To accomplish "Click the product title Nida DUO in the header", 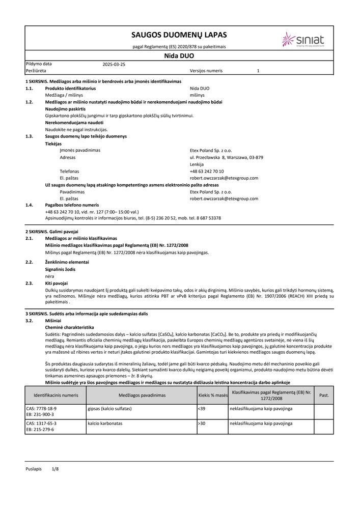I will [x=179, y=56].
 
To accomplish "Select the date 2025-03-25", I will [x=114, y=65].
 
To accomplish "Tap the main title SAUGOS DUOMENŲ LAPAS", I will [x=179, y=35].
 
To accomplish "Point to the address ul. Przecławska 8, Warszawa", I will [x=226, y=158].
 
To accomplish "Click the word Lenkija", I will [x=197, y=165].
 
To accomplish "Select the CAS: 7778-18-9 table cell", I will [x=41, y=409].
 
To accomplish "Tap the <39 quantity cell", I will [x=202, y=409].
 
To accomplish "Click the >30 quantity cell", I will [x=202, y=423].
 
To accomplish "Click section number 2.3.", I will [x=29, y=283].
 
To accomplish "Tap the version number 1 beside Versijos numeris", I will [x=258, y=71].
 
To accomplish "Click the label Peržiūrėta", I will [x=36, y=71].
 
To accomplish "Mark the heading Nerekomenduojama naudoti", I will [x=74, y=123].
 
